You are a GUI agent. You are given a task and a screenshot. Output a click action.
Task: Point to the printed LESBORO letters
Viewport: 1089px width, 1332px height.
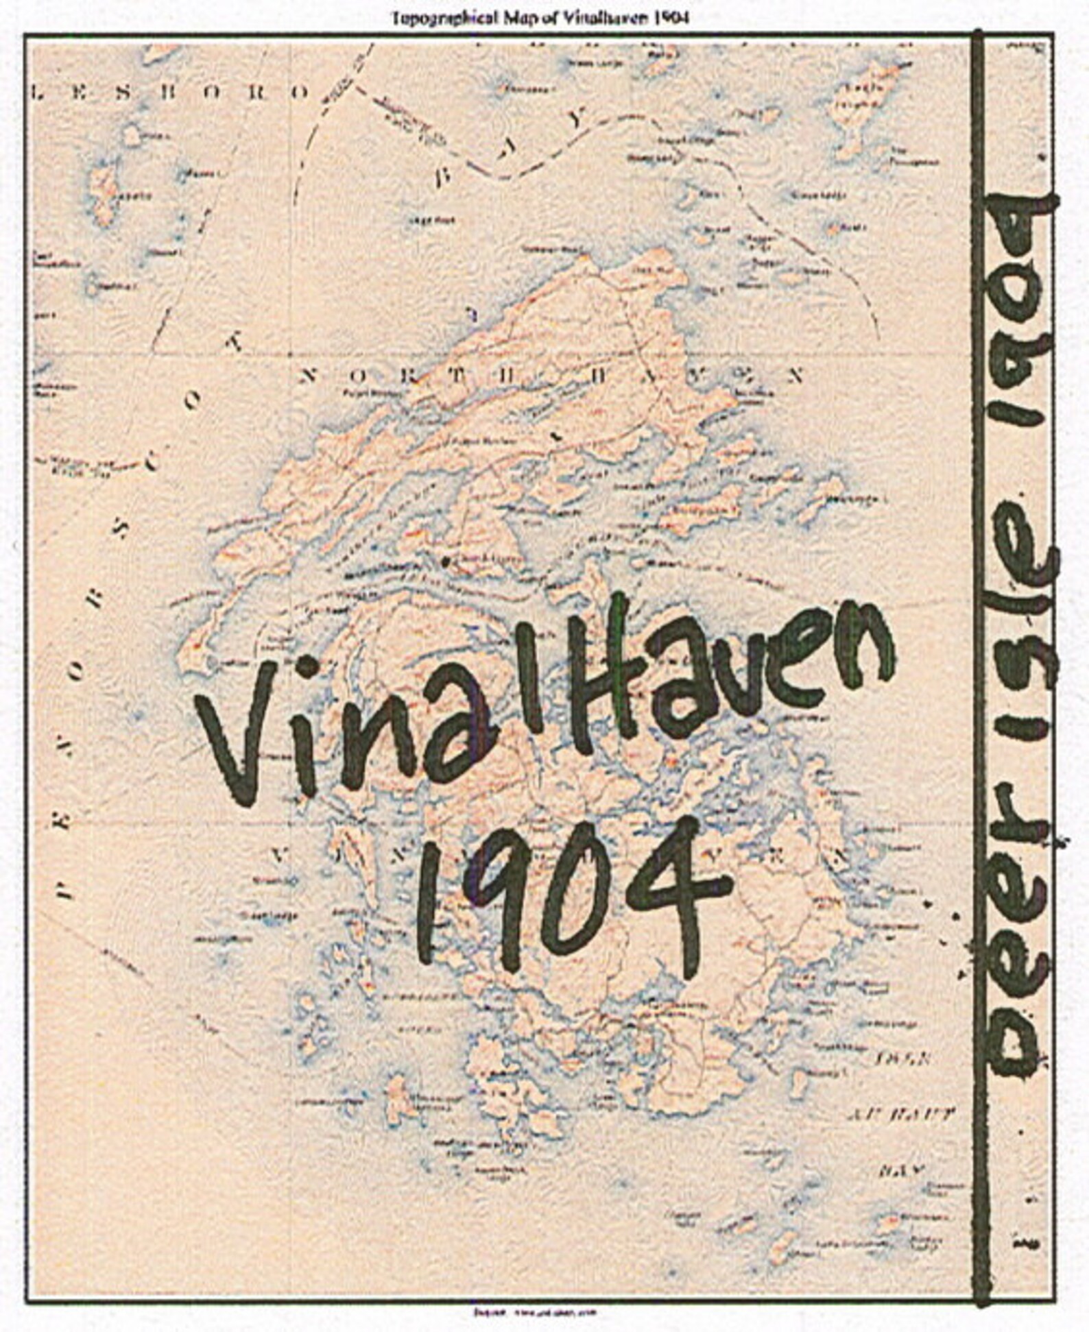[171, 93]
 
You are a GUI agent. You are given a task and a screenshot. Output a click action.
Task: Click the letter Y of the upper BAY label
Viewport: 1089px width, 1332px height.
[580, 121]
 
